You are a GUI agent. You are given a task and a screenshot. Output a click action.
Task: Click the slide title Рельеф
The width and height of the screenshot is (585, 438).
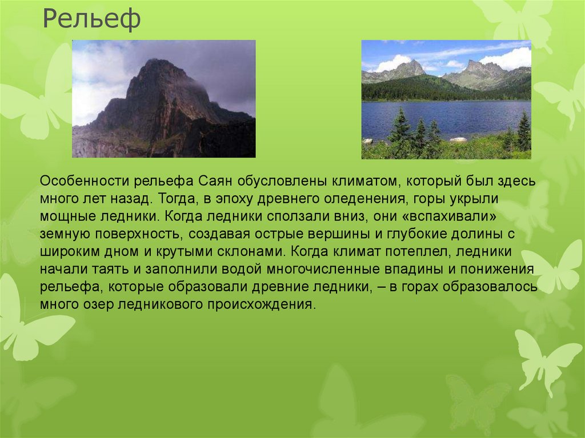point(92,21)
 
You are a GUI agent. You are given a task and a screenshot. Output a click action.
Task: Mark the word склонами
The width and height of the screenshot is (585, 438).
point(254,252)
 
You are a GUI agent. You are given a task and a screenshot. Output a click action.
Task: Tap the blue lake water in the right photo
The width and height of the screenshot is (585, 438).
point(457,117)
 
